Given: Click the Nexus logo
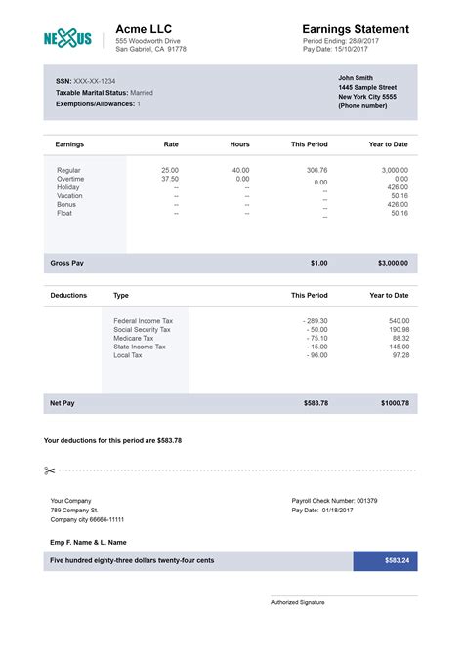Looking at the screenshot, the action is pos(67,38).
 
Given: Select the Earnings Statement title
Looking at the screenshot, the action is pos(356,29).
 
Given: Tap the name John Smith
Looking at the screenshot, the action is pos(356,77).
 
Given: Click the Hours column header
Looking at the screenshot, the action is pos(239,144).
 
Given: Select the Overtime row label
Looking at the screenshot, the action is pos(70,179).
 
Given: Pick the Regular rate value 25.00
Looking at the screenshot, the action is pos(170,170).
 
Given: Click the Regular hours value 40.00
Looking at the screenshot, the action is pos(241,170).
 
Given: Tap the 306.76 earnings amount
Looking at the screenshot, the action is pos(316,170).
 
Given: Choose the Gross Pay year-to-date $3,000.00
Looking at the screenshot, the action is pos(393,263).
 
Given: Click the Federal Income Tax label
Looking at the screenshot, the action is pos(144,320).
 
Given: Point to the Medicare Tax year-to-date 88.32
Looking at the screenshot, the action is pos(400,338).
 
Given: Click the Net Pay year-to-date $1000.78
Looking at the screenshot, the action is pos(393,402).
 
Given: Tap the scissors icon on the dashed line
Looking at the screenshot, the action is pos(50,470).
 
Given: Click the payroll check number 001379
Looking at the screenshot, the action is pos(366,501).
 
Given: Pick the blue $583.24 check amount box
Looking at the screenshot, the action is pos(385,560).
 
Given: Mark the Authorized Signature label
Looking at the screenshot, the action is pos(297,602).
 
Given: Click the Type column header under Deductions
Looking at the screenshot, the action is pos(121,295).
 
